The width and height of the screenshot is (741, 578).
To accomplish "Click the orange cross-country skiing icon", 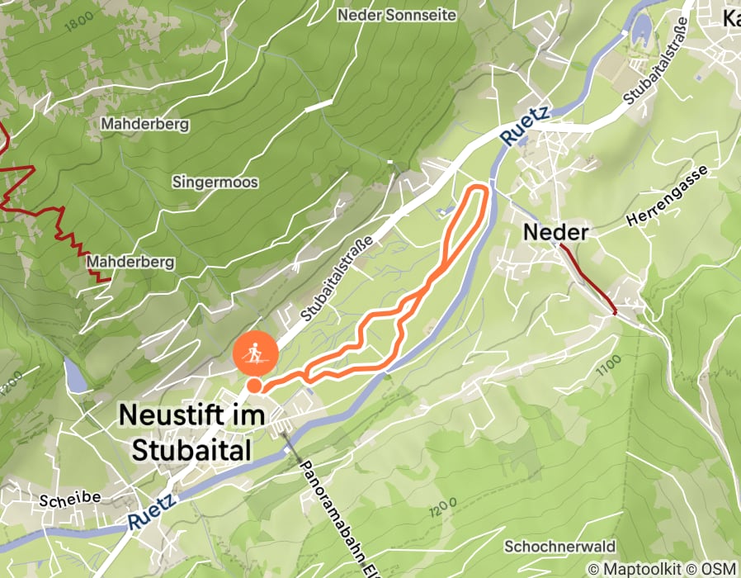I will pyautogui.click(x=256, y=355).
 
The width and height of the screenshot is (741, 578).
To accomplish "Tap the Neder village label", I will pyautogui.click(x=556, y=233).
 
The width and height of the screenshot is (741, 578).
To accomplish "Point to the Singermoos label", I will pyautogui.click(x=215, y=182).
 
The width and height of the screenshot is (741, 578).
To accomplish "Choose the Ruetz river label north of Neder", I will pyautogui.click(x=523, y=128).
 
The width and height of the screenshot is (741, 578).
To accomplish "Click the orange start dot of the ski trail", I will pyautogui.click(x=254, y=386).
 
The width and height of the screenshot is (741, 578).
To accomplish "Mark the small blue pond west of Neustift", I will pyautogui.click(x=74, y=376).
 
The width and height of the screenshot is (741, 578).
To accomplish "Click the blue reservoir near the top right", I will pyautogui.click(x=640, y=31).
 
